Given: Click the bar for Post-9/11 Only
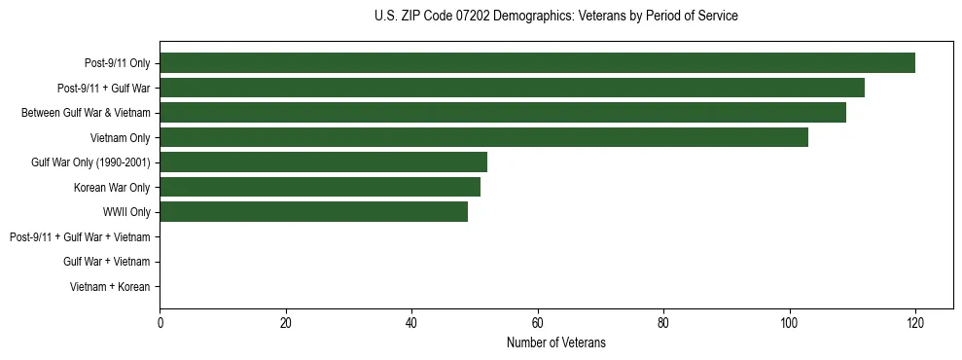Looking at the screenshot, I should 537,63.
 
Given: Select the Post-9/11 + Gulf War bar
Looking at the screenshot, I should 512,89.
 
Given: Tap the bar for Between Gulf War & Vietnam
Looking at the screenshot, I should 503,113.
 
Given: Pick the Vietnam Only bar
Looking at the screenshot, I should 483,137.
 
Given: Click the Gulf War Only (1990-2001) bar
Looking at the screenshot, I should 323,162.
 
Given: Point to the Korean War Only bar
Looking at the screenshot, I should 320,187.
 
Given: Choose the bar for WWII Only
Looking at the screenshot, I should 313,212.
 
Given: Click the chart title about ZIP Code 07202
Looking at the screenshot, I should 555,17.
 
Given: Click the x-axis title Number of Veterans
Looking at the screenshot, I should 555,342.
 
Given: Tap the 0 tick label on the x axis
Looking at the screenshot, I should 160,323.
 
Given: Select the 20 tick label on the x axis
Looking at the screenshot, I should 286,323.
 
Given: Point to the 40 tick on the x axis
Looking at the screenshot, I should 411,323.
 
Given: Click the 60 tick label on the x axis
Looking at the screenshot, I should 538,323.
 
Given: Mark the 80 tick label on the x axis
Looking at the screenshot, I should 663,323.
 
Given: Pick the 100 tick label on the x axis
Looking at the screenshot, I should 789,323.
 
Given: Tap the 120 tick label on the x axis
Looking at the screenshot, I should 914,323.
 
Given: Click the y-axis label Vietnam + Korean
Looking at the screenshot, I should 109,286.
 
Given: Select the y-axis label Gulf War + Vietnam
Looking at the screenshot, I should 106,262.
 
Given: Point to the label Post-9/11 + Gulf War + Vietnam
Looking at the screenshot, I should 79,236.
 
